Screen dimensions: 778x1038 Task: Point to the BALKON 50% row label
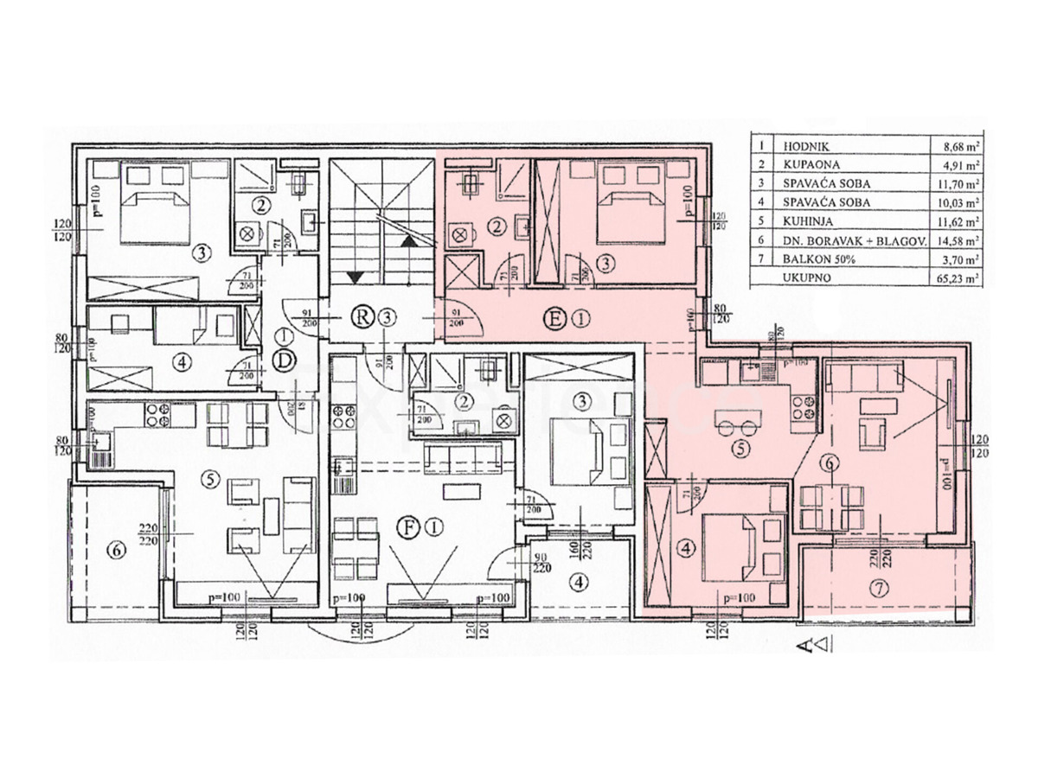[808, 259]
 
